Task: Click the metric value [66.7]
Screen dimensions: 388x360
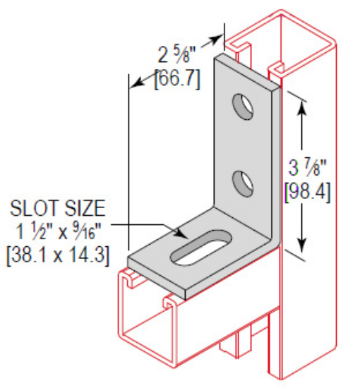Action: tap(176, 78)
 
